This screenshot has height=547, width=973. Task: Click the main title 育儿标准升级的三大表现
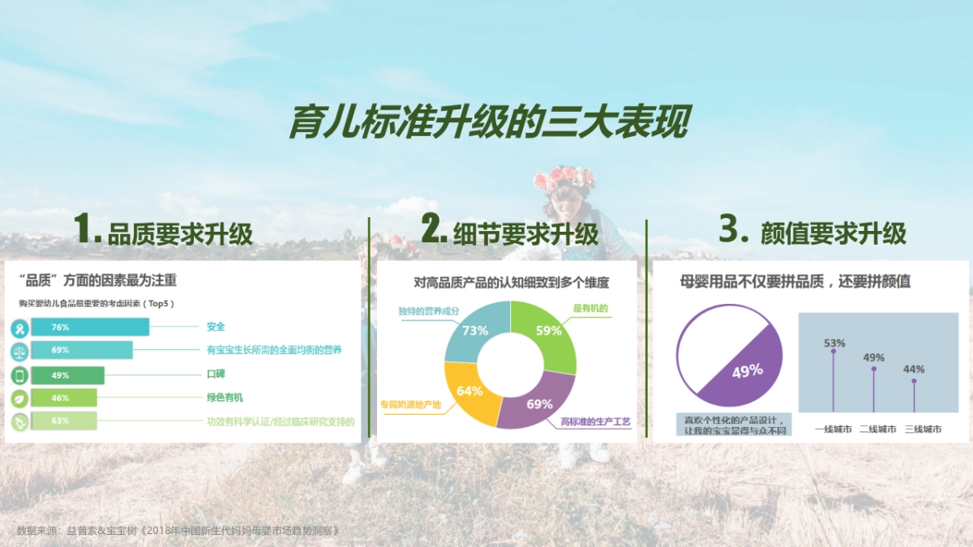pyautogui.click(x=489, y=122)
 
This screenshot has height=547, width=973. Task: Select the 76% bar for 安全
pyautogui.click(x=89, y=327)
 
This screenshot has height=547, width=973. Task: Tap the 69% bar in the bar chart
pyautogui.click(x=81, y=350)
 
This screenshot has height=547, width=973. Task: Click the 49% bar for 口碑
pyautogui.click(x=68, y=375)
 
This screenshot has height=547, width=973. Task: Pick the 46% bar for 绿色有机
pyautogui.click(x=64, y=398)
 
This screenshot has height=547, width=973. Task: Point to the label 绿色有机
pyautogui.click(x=225, y=398)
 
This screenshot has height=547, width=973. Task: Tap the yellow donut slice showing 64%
pyautogui.click(x=469, y=391)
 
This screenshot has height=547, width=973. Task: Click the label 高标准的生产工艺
pyautogui.click(x=595, y=422)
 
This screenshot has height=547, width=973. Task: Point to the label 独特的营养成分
pyautogui.click(x=428, y=310)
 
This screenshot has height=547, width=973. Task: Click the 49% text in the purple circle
pyautogui.click(x=747, y=371)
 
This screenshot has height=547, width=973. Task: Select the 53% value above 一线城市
pyautogui.click(x=834, y=343)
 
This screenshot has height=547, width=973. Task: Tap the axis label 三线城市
pyautogui.click(x=923, y=429)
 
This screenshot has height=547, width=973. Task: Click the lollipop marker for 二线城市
pyautogui.click(x=873, y=369)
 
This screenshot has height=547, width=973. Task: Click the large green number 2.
pyautogui.click(x=433, y=231)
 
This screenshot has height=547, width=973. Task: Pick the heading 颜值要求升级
pyautogui.click(x=834, y=233)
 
